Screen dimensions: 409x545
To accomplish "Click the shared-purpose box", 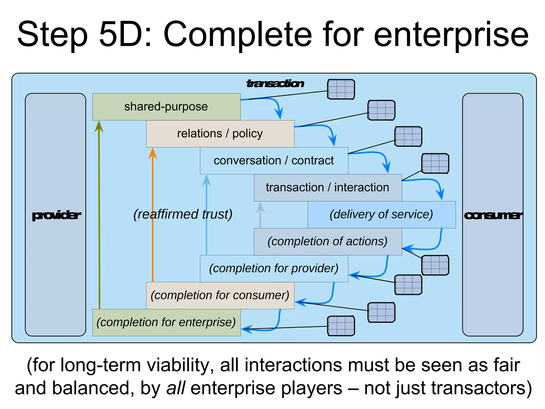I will [166, 107].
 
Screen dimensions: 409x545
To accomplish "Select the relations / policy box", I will [220, 134].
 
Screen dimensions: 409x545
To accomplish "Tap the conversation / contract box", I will [274, 161].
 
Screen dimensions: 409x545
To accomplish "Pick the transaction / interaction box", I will [328, 187].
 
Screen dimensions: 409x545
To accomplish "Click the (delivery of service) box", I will [382, 215].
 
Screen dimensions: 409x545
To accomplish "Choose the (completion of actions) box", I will [328, 242].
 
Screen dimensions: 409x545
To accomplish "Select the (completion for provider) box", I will [274, 268].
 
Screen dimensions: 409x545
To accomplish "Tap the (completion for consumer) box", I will [220, 295].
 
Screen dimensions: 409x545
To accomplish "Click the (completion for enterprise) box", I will [166, 322].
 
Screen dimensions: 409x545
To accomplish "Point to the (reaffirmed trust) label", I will [183, 214].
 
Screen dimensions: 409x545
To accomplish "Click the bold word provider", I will [56, 215].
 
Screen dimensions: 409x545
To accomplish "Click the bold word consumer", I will [493, 215].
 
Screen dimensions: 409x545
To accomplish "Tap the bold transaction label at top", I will [275, 84].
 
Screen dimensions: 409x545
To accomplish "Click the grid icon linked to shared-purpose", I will [341, 89].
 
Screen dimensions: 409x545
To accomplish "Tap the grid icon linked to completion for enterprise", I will [341, 326].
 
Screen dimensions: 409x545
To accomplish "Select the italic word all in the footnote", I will [175, 388].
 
